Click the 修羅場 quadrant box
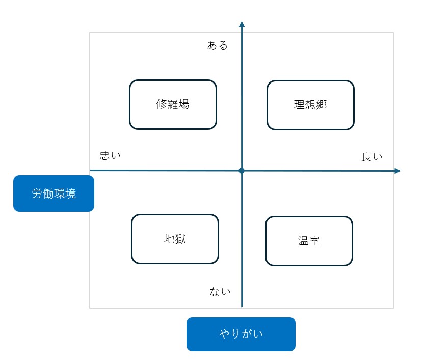[x=173, y=104]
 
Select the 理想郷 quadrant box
[x=311, y=105]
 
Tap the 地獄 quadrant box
[x=175, y=239]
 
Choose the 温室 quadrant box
[x=309, y=241]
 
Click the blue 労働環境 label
[x=54, y=193]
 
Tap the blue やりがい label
[x=241, y=334]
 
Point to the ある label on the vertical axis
[x=218, y=45]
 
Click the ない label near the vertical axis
[x=220, y=291]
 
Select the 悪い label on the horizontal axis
[x=110, y=155]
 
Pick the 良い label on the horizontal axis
[x=372, y=157]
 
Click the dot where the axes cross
[x=242, y=171]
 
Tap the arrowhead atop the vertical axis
[x=242, y=24]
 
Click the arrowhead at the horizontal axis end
[x=397, y=171]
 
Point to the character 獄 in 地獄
[x=180, y=239]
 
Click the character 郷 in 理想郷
[x=322, y=105]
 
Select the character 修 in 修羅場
[x=162, y=104]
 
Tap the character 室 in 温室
[x=314, y=241]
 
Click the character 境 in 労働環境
[x=70, y=193]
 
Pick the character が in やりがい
[x=247, y=334]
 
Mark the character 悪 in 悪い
[x=104, y=155]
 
